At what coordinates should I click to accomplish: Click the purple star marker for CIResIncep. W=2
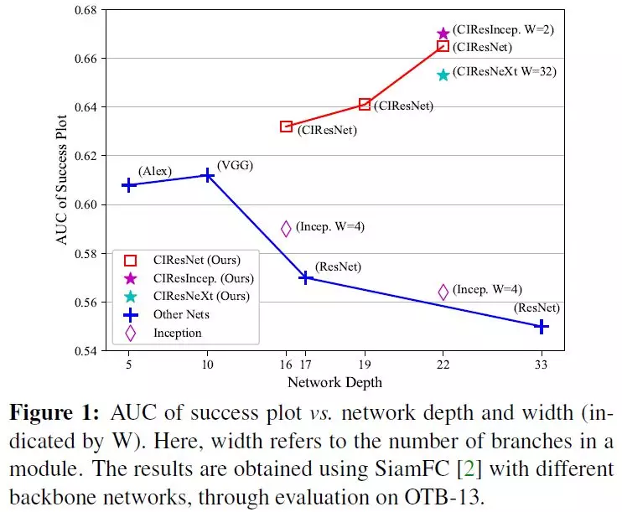[x=443, y=34]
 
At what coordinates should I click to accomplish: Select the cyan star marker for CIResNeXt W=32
[x=443, y=75]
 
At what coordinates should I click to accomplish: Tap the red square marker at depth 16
[x=286, y=127]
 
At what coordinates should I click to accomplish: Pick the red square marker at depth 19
[x=365, y=104]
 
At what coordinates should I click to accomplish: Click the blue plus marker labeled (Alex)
[x=129, y=184]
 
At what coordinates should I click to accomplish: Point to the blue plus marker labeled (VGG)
[x=208, y=175]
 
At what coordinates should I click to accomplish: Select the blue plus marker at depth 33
[x=542, y=326]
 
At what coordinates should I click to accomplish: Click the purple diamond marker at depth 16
[x=286, y=228]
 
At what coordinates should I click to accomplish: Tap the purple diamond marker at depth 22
[x=443, y=292]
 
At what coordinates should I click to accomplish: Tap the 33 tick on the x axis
[x=542, y=365]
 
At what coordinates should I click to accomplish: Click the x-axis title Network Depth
[x=334, y=382]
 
